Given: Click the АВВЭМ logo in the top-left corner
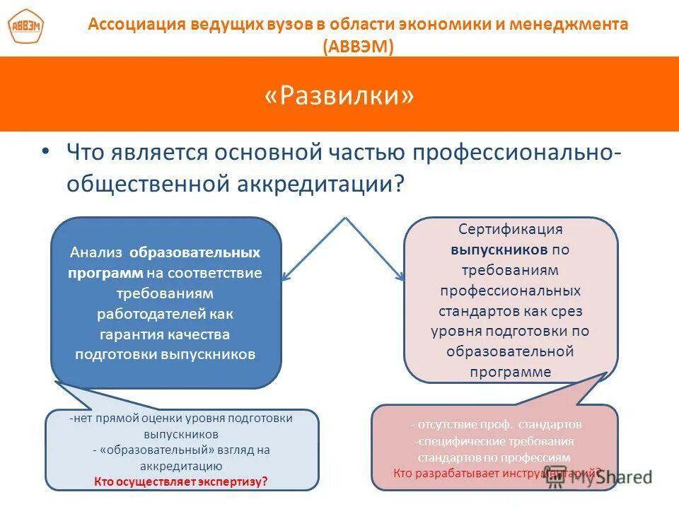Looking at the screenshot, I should coord(25,28).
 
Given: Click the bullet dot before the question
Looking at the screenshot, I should coord(46,151).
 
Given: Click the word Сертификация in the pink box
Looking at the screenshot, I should coord(510,229).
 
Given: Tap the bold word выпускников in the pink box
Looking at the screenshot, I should coord(500,250).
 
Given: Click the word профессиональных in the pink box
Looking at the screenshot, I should coord(510,291).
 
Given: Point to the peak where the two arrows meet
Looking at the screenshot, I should coord(344,218).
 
